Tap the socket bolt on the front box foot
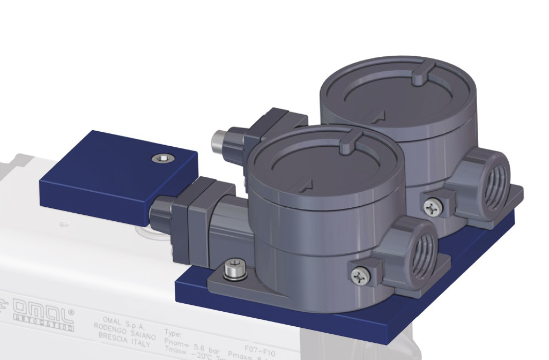232,269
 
